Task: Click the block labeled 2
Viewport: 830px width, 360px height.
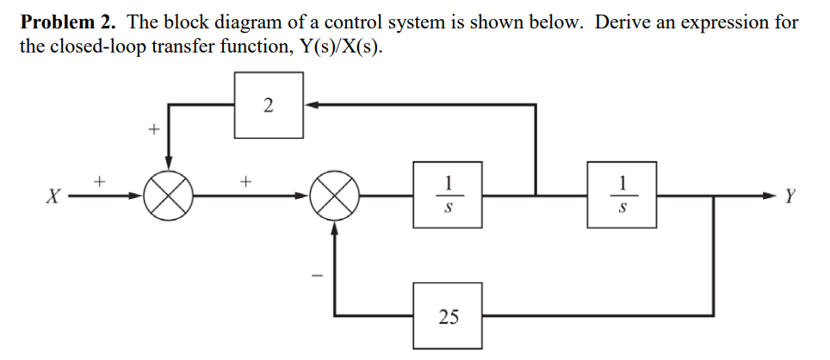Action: tap(268, 106)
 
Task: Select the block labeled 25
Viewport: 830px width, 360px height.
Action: tap(448, 316)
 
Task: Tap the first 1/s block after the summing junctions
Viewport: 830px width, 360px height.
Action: tap(447, 196)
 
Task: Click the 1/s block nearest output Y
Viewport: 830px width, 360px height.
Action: tap(622, 196)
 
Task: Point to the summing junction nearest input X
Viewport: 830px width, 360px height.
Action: tap(168, 196)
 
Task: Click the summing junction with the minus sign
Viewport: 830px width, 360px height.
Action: tap(333, 196)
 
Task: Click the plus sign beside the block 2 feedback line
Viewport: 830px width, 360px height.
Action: tap(152, 131)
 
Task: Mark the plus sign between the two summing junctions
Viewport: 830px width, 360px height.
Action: tap(247, 182)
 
